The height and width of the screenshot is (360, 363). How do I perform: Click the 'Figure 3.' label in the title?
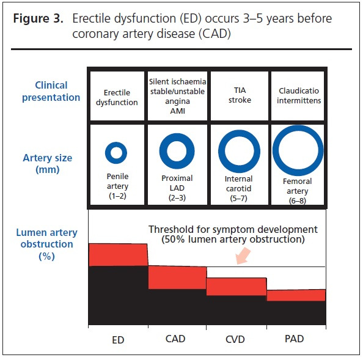[x=38, y=18]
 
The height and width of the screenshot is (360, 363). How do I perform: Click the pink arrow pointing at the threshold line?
[x=243, y=256]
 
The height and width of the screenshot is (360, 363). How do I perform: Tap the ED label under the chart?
[x=118, y=340]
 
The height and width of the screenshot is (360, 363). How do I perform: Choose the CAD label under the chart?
[x=175, y=339]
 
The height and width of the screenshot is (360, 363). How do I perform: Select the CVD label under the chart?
[x=235, y=339]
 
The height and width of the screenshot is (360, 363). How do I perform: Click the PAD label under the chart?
[x=294, y=339]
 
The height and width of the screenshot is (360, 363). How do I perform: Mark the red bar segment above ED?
[x=118, y=255]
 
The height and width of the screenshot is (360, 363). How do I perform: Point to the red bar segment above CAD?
[x=177, y=277]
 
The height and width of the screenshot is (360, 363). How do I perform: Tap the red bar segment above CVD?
[x=237, y=287]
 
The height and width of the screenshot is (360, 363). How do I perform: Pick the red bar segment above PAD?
[x=296, y=295]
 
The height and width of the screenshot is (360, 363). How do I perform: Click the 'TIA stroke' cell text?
[x=240, y=95]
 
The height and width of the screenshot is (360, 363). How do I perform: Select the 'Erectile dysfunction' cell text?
[x=117, y=97]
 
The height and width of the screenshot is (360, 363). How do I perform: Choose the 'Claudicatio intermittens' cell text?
[x=299, y=95]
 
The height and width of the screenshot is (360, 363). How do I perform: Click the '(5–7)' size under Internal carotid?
[x=239, y=199]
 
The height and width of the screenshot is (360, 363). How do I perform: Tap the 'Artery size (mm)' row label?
[x=48, y=164]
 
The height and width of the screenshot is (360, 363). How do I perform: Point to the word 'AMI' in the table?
[x=178, y=111]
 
